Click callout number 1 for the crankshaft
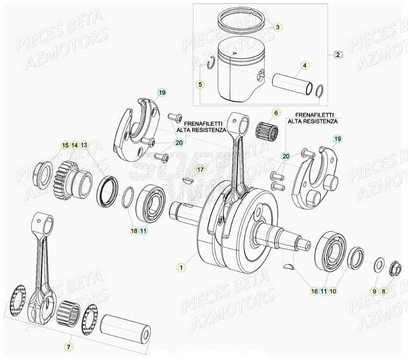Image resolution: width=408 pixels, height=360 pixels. click(180, 267)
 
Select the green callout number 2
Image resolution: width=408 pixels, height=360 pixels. click(338, 54)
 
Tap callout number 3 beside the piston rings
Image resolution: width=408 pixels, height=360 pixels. click(277, 27)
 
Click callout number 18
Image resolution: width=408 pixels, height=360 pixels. click(134, 231)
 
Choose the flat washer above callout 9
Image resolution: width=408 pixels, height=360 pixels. click(379, 263)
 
